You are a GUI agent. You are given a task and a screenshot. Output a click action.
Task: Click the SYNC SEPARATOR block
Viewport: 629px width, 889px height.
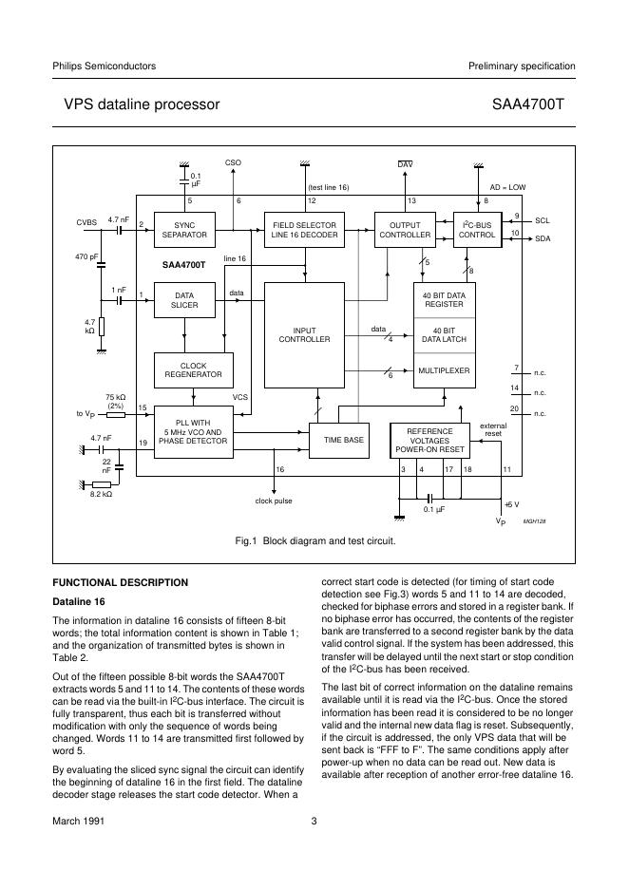pos(184,230)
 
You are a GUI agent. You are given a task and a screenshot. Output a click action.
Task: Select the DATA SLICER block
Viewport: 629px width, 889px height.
pos(184,300)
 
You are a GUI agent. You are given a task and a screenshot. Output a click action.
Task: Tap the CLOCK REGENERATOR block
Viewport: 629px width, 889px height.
pos(193,369)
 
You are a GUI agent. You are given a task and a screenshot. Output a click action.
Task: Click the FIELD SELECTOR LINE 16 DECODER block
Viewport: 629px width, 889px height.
pos(304,230)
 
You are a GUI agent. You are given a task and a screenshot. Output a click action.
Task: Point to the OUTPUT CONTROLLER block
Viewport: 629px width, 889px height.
pos(405,230)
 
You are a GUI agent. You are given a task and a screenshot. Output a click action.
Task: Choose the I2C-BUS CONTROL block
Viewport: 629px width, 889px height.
pos(477,230)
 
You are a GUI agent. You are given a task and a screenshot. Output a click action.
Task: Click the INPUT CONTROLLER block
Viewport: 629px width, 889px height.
pos(304,334)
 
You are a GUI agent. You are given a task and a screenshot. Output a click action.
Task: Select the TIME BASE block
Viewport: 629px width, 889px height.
pos(343,441)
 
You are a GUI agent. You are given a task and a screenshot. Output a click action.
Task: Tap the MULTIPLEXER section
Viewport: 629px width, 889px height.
pos(444,370)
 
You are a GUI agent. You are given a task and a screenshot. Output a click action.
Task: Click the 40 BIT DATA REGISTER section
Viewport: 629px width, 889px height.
pos(444,300)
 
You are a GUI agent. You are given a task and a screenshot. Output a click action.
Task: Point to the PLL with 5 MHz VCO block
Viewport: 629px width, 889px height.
pos(193,431)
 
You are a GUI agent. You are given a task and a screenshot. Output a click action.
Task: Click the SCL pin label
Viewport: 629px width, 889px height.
pos(542,219)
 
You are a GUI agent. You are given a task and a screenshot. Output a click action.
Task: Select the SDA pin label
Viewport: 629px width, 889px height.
pos(543,238)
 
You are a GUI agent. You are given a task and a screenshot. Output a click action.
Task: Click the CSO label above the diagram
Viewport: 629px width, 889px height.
pos(234,163)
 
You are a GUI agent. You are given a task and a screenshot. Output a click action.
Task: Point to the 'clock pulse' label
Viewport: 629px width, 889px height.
pos(274,501)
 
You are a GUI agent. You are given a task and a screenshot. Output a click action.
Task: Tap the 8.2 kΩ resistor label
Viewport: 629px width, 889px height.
pos(102,494)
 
